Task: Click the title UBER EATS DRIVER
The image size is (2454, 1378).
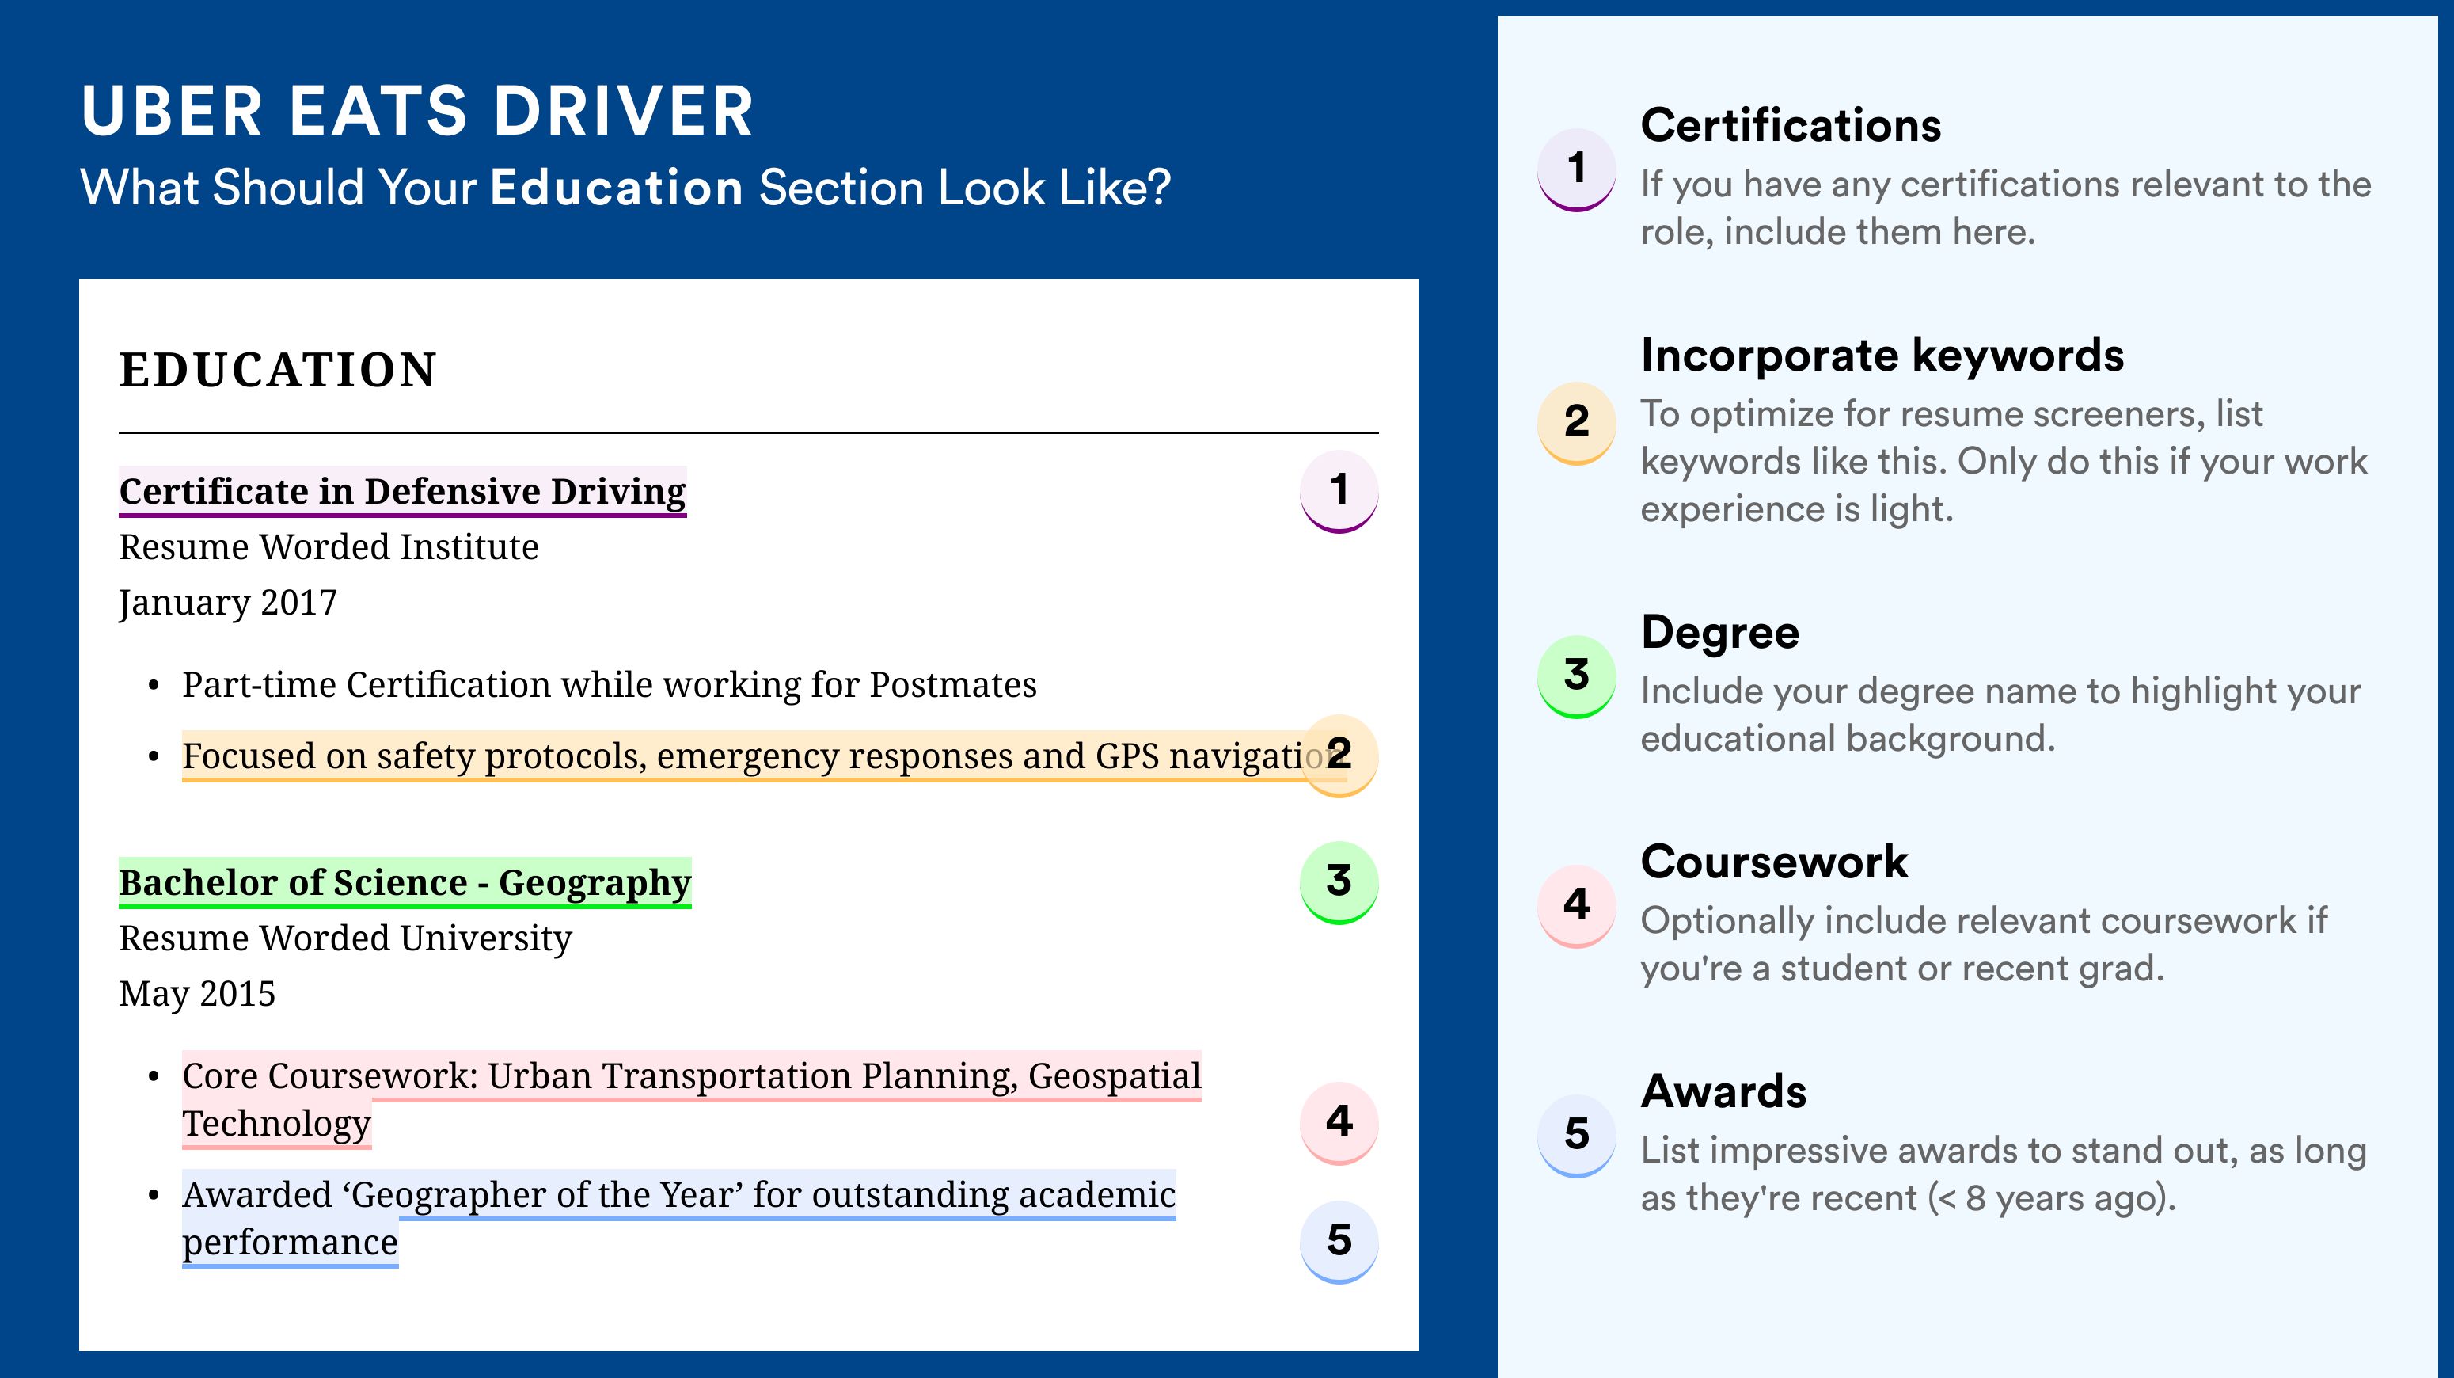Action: pyautogui.click(x=417, y=112)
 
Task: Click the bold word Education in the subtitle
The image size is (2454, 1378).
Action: pyautogui.click(x=617, y=187)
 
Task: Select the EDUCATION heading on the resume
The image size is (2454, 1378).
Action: pyautogui.click(x=277, y=370)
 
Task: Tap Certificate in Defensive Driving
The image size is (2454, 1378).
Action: pyautogui.click(x=402, y=492)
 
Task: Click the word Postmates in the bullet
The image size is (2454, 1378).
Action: pyautogui.click(x=952, y=684)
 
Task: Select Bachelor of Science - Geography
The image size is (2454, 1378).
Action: pyautogui.click(x=405, y=883)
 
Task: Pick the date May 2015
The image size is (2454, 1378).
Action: pyautogui.click(x=197, y=994)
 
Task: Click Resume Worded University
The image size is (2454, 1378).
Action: pyautogui.click(x=345, y=938)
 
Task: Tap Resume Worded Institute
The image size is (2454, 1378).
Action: pyautogui.click(x=329, y=547)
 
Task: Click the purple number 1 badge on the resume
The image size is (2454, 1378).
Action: pyautogui.click(x=1339, y=491)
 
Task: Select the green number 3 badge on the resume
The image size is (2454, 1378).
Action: pyautogui.click(x=1339, y=881)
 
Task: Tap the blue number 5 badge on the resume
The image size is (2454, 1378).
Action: pyautogui.click(x=1339, y=1241)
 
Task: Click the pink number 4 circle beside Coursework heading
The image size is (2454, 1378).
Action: pyautogui.click(x=1577, y=905)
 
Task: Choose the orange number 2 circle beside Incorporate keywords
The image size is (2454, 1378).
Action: pyautogui.click(x=1577, y=422)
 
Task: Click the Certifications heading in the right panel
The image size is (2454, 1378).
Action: pyautogui.click(x=1791, y=125)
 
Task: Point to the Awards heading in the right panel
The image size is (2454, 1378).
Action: pyautogui.click(x=1723, y=1091)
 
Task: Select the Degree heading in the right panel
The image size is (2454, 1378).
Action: pyautogui.click(x=1719, y=633)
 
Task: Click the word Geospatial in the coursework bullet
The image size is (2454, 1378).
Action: pyautogui.click(x=1115, y=1076)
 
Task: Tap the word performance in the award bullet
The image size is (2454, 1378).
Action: pyautogui.click(x=290, y=1243)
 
